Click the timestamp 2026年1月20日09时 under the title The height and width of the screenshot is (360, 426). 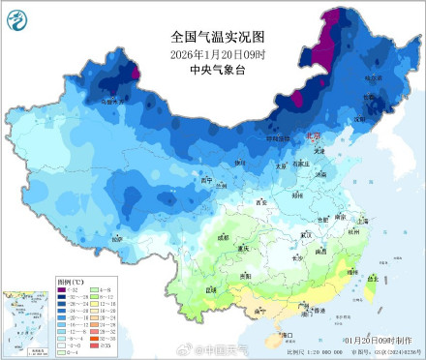point(212,54)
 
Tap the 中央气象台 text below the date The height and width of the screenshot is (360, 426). point(212,71)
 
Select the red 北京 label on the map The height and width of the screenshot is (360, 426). point(314,138)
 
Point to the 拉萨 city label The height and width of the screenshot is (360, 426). point(116,237)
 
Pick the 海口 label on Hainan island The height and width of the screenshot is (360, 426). point(287,334)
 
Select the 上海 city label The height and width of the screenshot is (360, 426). point(363,221)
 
